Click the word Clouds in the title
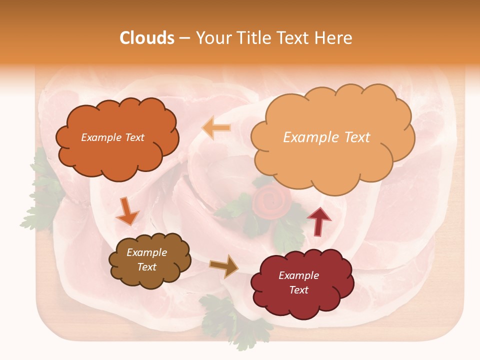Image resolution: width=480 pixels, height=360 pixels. (147, 38)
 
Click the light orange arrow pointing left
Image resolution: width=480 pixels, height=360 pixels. (216, 128)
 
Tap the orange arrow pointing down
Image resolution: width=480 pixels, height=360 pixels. (127, 211)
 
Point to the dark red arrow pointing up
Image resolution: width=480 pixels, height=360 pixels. (319, 220)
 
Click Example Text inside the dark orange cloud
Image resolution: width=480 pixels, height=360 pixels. (112, 137)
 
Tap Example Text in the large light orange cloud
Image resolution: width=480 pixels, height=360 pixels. (326, 137)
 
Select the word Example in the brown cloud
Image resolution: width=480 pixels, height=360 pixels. (146, 252)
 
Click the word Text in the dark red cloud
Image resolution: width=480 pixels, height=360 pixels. (298, 290)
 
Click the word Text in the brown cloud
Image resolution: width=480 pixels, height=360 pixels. (146, 267)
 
